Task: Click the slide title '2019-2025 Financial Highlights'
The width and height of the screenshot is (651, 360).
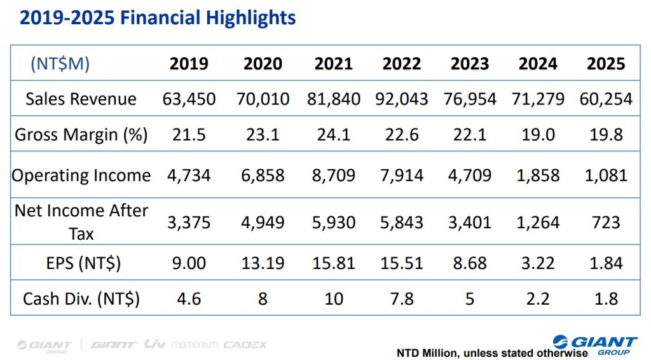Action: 158,17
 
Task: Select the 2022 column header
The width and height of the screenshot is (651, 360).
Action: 402,64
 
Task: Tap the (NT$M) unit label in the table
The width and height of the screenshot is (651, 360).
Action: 60,64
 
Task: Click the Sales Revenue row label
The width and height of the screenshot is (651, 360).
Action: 81,99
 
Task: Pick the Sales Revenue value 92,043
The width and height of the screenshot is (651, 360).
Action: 402,99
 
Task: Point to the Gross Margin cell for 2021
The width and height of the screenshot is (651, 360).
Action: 334,135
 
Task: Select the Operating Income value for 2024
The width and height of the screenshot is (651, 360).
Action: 538,175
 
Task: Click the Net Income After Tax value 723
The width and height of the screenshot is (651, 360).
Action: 606,222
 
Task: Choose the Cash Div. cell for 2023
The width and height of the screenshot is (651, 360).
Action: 470,298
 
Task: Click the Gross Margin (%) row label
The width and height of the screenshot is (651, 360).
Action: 81,135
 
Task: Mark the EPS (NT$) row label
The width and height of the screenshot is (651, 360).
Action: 81,263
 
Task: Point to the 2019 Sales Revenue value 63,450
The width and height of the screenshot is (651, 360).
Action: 189,99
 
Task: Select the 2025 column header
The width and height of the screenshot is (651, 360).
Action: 606,64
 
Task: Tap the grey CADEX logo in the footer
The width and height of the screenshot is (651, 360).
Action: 245,345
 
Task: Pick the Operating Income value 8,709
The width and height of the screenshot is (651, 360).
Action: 334,175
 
